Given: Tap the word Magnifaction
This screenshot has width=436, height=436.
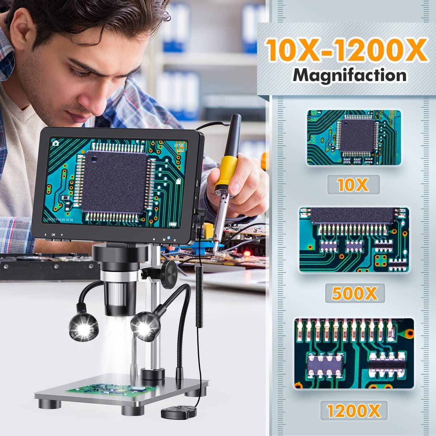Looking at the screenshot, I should [350, 76].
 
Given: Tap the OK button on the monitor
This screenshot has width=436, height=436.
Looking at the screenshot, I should [54, 235].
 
